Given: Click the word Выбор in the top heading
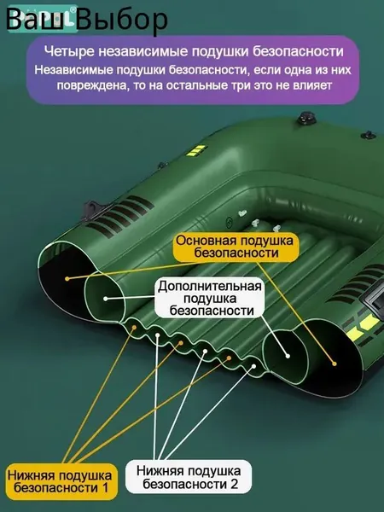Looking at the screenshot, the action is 124,20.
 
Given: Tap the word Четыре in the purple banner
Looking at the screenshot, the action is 69,51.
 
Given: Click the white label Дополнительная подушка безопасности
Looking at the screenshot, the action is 210,298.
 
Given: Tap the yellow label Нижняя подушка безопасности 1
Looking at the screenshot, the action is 61,481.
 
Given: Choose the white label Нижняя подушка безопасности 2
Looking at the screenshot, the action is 189,477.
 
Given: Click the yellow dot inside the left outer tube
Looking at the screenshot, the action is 67,278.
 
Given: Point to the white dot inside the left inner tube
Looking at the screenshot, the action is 106,299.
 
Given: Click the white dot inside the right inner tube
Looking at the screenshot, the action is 288,356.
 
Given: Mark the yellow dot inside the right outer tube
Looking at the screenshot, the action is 334,364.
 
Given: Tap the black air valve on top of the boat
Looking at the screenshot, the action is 306,119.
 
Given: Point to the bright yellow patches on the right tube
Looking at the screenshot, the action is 362,327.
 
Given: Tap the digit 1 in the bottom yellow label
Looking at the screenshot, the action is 105,488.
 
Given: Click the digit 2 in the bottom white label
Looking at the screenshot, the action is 234,484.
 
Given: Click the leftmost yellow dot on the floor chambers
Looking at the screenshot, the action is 134,327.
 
